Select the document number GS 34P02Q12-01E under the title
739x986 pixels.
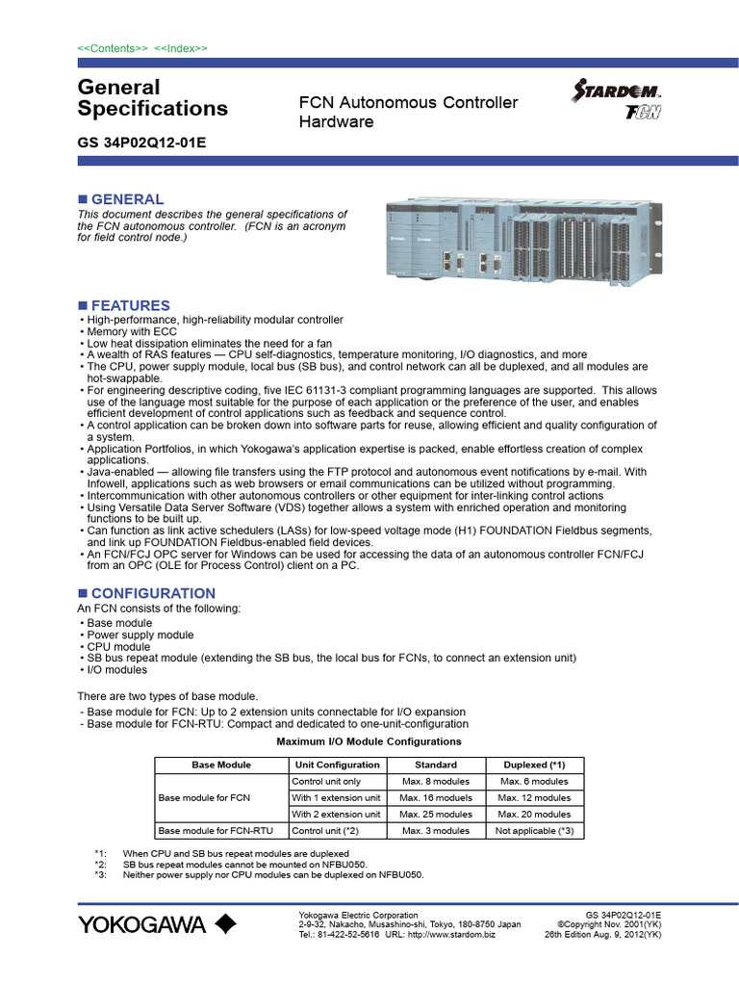click(x=141, y=143)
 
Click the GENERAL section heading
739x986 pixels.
click(x=127, y=199)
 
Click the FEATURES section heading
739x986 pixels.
click(x=130, y=305)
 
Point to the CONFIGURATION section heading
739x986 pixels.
click(x=152, y=593)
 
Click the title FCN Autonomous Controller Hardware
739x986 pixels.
click(x=408, y=113)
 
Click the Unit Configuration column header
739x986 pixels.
click(x=337, y=765)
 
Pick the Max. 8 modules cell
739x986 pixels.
click(x=435, y=781)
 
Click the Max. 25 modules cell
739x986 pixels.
click(x=435, y=814)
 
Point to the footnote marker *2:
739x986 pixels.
click(x=101, y=865)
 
